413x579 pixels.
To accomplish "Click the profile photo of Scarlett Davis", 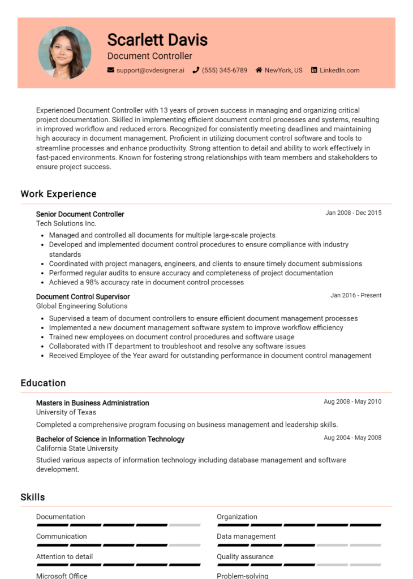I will [64, 53].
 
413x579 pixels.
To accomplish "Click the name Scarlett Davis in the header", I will [157, 40].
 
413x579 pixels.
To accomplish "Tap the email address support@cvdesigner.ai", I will [150, 71].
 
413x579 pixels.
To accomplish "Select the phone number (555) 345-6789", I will [225, 71].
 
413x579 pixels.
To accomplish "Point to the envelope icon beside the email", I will [111, 71].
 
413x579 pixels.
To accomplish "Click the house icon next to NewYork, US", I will [259, 71].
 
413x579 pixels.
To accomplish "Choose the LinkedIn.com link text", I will [339, 71].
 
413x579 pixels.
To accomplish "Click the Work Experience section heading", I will [58, 194].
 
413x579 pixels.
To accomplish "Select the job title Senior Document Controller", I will [80, 214].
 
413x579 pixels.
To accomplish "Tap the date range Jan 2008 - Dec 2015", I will [353, 213].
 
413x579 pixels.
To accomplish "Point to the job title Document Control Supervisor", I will [83, 297].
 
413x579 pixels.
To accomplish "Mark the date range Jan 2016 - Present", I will [356, 295].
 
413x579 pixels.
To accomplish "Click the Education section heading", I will [43, 383].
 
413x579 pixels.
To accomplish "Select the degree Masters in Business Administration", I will [92, 403].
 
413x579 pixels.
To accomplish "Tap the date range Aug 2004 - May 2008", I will [352, 438].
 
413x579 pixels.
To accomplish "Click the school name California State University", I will [77, 448].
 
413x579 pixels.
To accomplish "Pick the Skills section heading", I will [33, 498].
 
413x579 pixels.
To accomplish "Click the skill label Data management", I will [246, 537].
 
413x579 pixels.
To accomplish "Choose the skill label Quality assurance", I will [245, 557].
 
